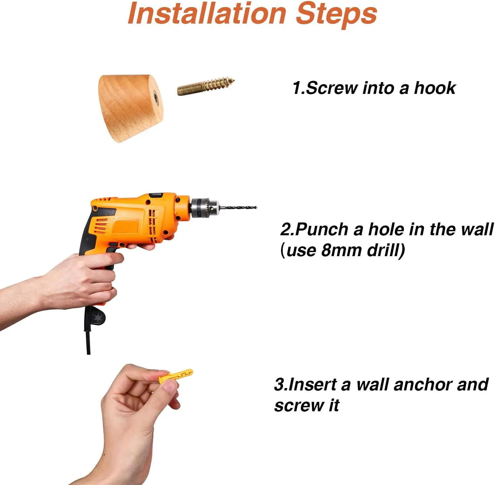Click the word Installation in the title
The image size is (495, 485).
pyautogui.click(x=207, y=14)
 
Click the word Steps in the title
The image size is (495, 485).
pyautogui.click(x=336, y=15)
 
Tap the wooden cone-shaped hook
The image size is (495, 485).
pyautogui.click(x=131, y=107)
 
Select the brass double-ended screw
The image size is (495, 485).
pyautogui.click(x=206, y=86)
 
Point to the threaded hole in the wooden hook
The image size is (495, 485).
pyautogui.click(x=156, y=97)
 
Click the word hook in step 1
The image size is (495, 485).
pyautogui.click(x=435, y=88)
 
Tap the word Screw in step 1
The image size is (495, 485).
pyautogui.click(x=331, y=88)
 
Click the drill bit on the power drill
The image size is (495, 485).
pyautogui.click(x=238, y=207)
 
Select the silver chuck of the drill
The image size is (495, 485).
pyautogui.click(x=205, y=208)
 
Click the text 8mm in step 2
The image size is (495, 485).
pyautogui.click(x=341, y=250)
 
